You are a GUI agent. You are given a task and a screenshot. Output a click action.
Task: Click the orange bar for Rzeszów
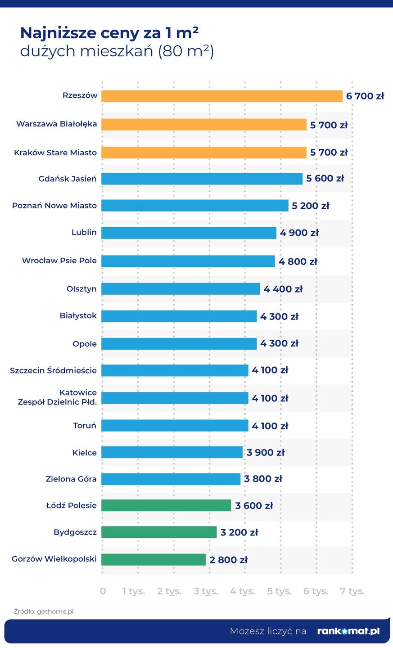pyautogui.click(x=221, y=96)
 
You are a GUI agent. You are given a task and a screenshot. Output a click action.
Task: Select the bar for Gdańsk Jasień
pyautogui.click(x=202, y=179)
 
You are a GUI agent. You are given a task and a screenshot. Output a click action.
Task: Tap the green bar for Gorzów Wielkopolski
pyautogui.click(x=154, y=559)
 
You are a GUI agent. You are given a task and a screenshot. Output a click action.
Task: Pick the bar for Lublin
pyautogui.click(x=189, y=233)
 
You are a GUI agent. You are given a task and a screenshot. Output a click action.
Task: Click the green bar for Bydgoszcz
pyautogui.click(x=159, y=532)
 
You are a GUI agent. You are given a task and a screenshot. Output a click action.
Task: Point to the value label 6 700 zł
pyautogui.click(x=365, y=96)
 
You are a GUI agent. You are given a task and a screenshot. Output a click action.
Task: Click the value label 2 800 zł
pyautogui.click(x=228, y=560)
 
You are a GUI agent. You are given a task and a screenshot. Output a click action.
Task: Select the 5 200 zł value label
pyautogui.click(x=310, y=206)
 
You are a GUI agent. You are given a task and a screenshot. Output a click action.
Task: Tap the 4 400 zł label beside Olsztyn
pyautogui.click(x=283, y=289)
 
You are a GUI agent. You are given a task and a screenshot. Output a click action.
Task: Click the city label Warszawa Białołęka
pyautogui.click(x=56, y=124)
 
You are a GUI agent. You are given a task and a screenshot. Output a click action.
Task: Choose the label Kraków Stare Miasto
pyautogui.click(x=55, y=153)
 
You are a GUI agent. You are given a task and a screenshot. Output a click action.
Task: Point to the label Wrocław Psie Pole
pyautogui.click(x=59, y=261)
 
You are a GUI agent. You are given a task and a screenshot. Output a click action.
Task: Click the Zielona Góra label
pyautogui.click(x=71, y=479)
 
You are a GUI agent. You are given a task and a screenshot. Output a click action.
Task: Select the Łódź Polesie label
pyautogui.click(x=72, y=505)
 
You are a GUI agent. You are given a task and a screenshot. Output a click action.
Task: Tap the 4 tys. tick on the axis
pyautogui.click(x=242, y=591)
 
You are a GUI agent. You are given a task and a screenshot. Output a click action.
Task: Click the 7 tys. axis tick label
pyautogui.click(x=352, y=591)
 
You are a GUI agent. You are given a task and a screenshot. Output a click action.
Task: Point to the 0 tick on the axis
pyautogui.click(x=103, y=591)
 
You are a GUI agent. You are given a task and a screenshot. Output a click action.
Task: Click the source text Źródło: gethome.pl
pyautogui.click(x=43, y=612)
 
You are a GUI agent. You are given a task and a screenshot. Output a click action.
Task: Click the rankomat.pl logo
pyautogui.click(x=348, y=631)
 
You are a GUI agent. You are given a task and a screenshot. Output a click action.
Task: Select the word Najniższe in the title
pyautogui.click(x=59, y=33)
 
